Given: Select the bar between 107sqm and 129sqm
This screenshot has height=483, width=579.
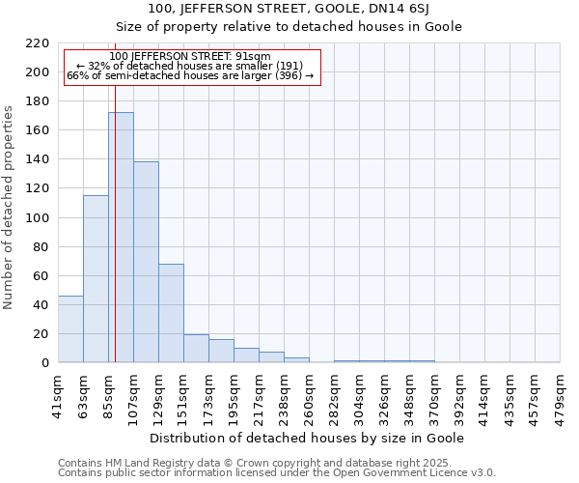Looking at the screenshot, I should [146, 262].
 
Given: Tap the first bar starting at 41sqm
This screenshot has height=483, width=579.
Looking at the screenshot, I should [70, 328].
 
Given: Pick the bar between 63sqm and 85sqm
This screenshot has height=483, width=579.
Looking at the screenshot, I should [96, 279].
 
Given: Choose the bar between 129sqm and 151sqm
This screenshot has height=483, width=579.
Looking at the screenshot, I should [171, 313].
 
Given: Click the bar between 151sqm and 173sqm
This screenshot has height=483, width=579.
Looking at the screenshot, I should [196, 348].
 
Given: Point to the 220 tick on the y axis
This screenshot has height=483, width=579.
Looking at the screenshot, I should [38, 43].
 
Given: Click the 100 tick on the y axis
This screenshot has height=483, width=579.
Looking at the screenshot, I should [38, 218].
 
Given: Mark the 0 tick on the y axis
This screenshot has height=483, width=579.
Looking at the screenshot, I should [44, 363].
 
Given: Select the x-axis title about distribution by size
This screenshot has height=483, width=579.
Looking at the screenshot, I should [309, 438].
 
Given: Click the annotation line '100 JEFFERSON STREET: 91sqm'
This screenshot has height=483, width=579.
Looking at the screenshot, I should [190, 57].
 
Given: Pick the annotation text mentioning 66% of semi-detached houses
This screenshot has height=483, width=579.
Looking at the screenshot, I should [190, 75].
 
